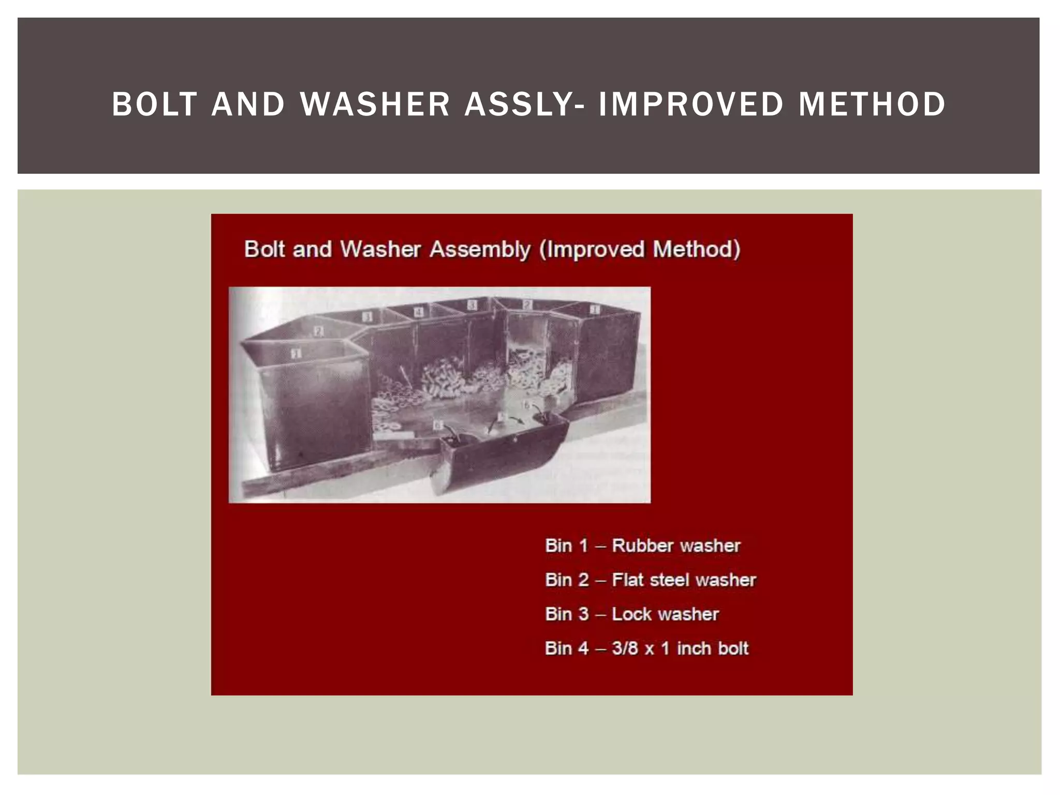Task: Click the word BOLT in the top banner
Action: pyautogui.click(x=154, y=104)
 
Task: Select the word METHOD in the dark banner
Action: pyautogui.click(x=872, y=104)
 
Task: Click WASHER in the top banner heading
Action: pyautogui.click(x=375, y=104)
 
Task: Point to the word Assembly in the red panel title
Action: pyautogui.click(x=480, y=249)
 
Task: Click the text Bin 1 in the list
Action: pyautogui.click(x=566, y=546)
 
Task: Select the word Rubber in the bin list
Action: pyautogui.click(x=642, y=546)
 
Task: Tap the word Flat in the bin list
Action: pyautogui.click(x=627, y=580)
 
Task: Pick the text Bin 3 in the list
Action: pyautogui.click(x=566, y=614)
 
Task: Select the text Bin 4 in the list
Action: pyautogui.click(x=566, y=649)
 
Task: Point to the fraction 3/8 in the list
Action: pyautogui.click(x=625, y=649)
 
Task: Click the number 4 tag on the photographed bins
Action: pyautogui.click(x=418, y=312)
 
